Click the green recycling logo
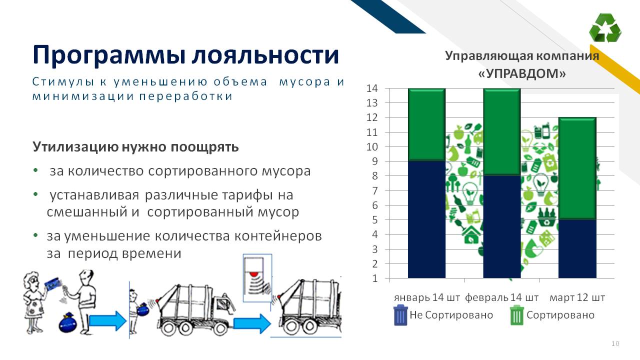pyautogui.click(x=605, y=27)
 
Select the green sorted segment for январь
pyautogui.click(x=426, y=125)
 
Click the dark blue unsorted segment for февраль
pyautogui.click(x=501, y=226)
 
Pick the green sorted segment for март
pyautogui.click(x=577, y=168)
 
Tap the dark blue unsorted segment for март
pyautogui.click(x=577, y=248)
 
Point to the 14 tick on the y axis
pyautogui.click(x=372, y=88)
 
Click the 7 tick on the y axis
pyautogui.click(x=375, y=190)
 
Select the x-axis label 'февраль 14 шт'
pyautogui.click(x=501, y=297)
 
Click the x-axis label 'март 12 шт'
pyautogui.click(x=577, y=297)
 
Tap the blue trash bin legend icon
pyautogui.click(x=400, y=315)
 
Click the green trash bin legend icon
pyautogui.click(x=517, y=315)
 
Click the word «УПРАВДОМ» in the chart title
pyautogui.click(x=521, y=73)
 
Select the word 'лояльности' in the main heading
pyautogui.click(x=265, y=54)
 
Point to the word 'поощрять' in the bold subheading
pyautogui.click(x=204, y=147)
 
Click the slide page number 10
pyautogui.click(x=615, y=343)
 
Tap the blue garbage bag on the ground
pyautogui.click(x=67, y=323)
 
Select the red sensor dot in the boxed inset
pyautogui.click(x=253, y=273)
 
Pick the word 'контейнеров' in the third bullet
pyautogui.click(x=278, y=236)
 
